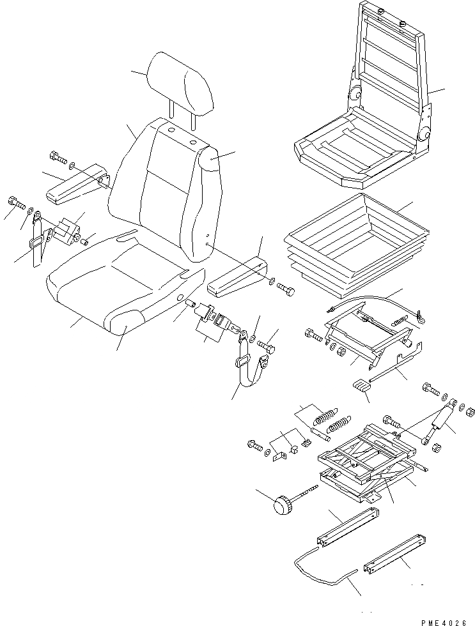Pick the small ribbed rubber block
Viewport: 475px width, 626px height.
361,387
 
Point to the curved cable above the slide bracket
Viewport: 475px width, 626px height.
371,300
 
